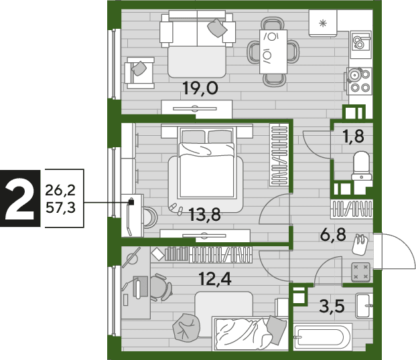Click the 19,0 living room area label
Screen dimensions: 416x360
200,88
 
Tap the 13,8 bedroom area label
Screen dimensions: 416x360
205,215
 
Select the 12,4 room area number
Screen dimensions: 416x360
215,279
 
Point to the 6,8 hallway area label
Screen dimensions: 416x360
333,234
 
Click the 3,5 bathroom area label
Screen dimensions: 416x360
332,306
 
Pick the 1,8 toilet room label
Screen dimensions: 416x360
354,137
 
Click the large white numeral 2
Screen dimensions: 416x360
20,198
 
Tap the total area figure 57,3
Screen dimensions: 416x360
60,207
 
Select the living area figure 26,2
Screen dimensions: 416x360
60,190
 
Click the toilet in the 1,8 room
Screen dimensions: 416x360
361,166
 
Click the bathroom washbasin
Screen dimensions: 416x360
364,306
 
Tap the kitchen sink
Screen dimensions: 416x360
360,44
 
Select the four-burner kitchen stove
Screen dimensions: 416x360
359,80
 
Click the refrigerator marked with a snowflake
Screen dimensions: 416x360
323,23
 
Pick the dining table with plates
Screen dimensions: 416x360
273,52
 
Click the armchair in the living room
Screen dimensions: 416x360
140,73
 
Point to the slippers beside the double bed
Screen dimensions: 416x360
176,209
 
